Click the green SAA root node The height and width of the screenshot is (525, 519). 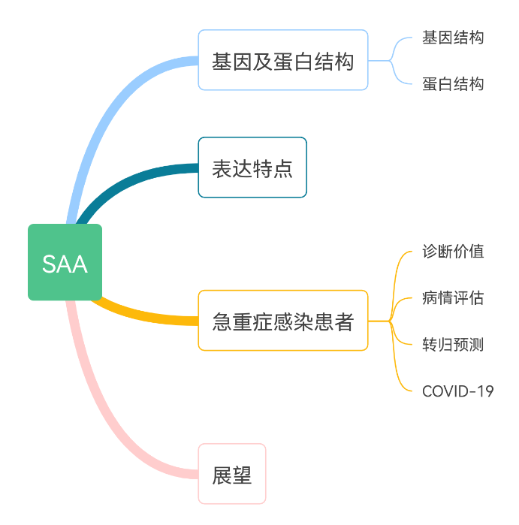tap(65, 262)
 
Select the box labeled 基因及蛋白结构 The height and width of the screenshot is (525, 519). tap(282, 60)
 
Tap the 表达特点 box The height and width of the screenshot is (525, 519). tap(252, 167)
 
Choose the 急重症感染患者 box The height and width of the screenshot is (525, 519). tap(282, 321)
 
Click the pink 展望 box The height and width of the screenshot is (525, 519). tap(232, 474)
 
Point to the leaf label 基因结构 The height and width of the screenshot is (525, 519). tap(453, 38)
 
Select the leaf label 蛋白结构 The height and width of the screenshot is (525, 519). tap(453, 83)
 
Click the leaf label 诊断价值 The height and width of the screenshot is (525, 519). tap(453, 251)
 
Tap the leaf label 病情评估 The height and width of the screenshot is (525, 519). tap(453, 297)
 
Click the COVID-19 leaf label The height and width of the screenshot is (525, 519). tap(457, 391)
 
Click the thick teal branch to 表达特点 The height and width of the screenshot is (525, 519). tap(128, 183)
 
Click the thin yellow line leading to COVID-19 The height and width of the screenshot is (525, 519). tap(398, 376)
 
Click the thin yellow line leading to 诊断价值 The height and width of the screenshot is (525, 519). tap(398, 263)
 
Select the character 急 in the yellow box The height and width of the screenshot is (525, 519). tap(222, 321)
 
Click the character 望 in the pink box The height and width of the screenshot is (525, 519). tap(242, 475)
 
